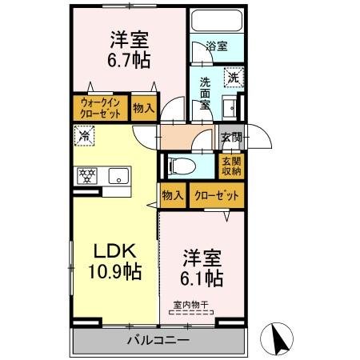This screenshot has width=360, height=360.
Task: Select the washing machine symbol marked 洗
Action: pos(233,78)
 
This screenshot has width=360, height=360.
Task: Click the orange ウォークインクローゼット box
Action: pos(101,107)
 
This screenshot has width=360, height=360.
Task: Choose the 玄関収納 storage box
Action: pos(230,166)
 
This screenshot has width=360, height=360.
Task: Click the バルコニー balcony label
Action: pos(157,340)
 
